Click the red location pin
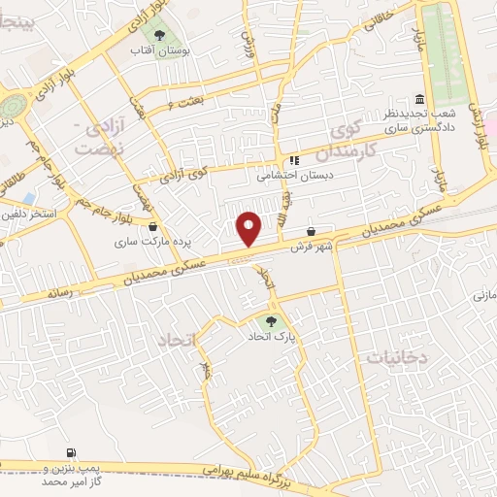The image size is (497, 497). (x=250, y=229)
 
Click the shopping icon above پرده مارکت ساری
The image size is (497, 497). (x=154, y=227)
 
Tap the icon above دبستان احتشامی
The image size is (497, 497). (x=293, y=161)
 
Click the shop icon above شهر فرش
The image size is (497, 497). (x=312, y=232)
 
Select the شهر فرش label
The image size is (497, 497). (x=311, y=247)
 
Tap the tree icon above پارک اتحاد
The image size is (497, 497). (x=271, y=321)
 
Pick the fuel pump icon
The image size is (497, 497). (x=72, y=452)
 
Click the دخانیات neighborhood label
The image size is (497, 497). (x=397, y=357)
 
